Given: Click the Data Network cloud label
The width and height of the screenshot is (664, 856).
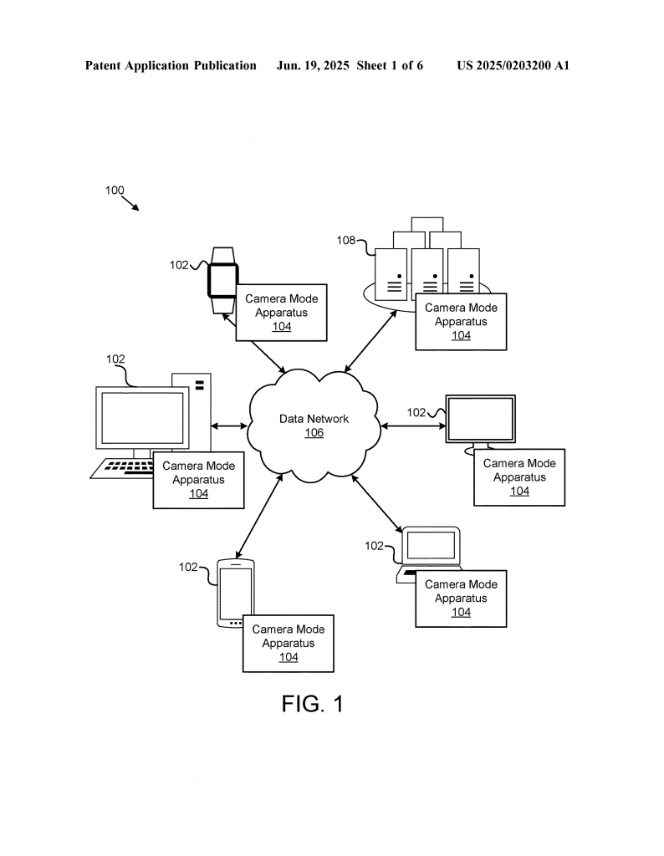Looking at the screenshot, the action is coord(314,419).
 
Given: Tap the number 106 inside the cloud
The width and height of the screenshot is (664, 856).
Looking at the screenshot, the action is coord(314,433).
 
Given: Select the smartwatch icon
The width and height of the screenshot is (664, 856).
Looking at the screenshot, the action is coord(222,281).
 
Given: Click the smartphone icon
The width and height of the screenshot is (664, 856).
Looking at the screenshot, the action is coord(235,593).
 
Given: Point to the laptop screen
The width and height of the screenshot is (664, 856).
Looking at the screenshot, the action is coord(431,545).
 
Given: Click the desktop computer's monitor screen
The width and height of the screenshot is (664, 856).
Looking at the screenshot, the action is coord(142,418).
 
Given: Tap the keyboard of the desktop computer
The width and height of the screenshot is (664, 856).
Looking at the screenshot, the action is coord(122,469).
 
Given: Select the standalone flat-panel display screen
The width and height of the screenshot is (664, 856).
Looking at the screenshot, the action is coord(481,419).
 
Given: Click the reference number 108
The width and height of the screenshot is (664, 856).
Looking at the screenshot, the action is coord(345,240).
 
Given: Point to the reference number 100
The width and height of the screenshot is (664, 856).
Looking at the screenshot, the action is coord(115,190).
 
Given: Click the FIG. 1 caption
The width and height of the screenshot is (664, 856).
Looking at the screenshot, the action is coord(312,704).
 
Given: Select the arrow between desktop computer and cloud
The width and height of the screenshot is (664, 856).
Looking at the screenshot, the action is coord(229,425).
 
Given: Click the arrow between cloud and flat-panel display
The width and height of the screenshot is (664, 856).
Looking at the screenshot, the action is coord(413,425).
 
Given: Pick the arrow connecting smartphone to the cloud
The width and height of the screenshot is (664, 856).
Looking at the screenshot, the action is coord(259,516).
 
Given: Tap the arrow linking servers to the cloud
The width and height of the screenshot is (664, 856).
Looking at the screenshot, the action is coord(370,341).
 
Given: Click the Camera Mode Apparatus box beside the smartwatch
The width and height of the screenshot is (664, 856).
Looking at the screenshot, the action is coord(281,313).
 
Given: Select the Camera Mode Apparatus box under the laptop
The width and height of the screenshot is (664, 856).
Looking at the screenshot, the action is coord(461,599).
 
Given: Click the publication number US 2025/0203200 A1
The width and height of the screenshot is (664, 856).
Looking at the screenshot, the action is coord(513,66).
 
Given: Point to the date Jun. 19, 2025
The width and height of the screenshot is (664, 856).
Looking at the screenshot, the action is coord(313,66).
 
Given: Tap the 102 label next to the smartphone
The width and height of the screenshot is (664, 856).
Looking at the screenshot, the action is coord(188,568).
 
